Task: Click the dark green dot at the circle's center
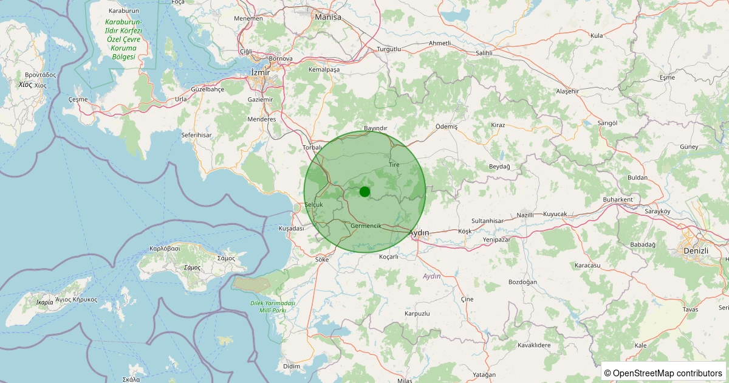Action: pyautogui.click(x=364, y=191)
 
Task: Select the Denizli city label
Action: pyautogui.click(x=696, y=250)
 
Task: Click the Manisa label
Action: pyautogui.click(x=328, y=17)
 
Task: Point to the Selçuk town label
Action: pyautogui.click(x=318, y=204)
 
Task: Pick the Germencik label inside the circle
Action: pyautogui.click(x=366, y=226)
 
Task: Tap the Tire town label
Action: pyautogui.click(x=394, y=165)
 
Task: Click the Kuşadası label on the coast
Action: pyautogui.click(x=291, y=228)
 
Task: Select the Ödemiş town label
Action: pyautogui.click(x=447, y=126)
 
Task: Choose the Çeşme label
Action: pyautogui.click(x=78, y=99)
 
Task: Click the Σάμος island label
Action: pyautogui.click(x=193, y=267)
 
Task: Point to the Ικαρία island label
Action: pyautogui.click(x=44, y=302)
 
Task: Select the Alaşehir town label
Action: pyautogui.click(x=567, y=91)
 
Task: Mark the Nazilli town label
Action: pyautogui.click(x=525, y=215)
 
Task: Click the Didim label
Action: pyautogui.click(x=292, y=366)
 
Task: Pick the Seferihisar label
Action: pyautogui.click(x=196, y=134)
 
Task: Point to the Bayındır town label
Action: pyautogui.click(x=375, y=128)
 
